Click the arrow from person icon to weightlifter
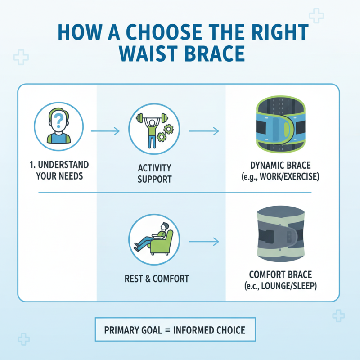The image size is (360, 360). [x=105, y=131]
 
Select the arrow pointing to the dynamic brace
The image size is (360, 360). [x=203, y=131]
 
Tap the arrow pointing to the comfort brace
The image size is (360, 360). [x=203, y=242]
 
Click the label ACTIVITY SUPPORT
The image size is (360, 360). [x=154, y=174]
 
